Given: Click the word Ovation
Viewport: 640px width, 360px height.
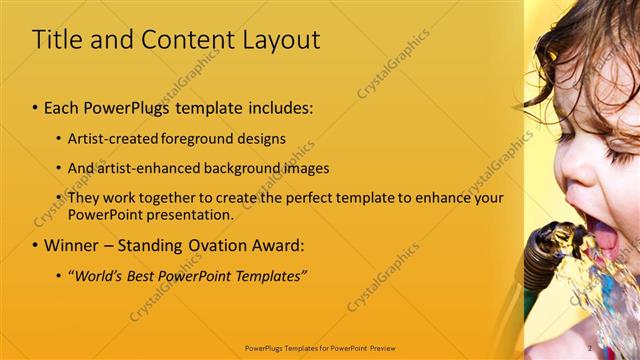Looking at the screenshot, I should coord(209,245).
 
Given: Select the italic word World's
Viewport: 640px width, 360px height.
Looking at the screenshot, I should coord(98,275).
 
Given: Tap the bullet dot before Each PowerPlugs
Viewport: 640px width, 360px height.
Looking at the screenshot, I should coord(36,107).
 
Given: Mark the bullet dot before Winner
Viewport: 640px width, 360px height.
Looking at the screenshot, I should coord(36,246).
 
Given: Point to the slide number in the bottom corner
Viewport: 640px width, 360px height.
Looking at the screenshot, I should coord(590,348).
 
